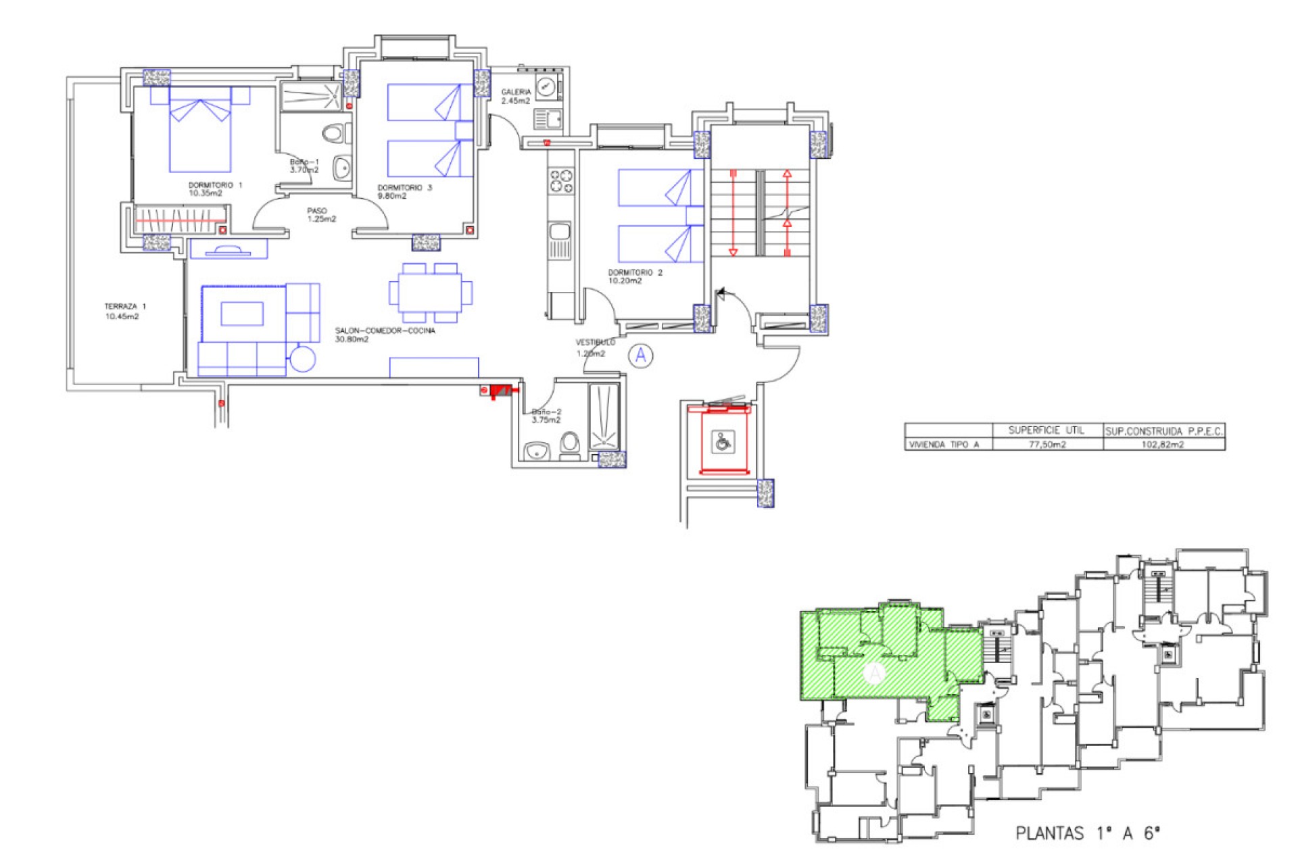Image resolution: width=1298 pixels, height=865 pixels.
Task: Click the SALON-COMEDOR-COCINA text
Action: [385, 331]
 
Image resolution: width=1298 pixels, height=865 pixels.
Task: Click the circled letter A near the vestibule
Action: [641, 355]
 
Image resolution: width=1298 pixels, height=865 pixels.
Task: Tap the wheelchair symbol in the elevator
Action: [723, 443]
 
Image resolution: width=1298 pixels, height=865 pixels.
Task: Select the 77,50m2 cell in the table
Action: [1047, 445]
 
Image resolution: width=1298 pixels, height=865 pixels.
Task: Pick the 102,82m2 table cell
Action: [1162, 445]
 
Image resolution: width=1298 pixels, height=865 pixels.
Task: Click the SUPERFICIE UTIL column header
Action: [1046, 430]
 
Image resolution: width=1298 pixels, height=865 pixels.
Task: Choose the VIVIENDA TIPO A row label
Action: [944, 445]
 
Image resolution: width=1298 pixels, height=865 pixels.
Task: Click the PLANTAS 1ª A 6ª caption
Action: [1087, 833]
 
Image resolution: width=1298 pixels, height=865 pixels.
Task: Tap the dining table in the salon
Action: [430, 293]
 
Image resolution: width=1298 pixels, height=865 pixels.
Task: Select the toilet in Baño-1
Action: [333, 133]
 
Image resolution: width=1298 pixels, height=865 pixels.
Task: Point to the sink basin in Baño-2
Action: [537, 450]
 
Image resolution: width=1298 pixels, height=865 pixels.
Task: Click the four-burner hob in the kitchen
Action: [561, 181]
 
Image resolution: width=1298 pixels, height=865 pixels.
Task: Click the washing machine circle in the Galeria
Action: [546, 86]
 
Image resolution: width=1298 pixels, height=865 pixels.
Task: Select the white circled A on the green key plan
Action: [875, 672]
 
